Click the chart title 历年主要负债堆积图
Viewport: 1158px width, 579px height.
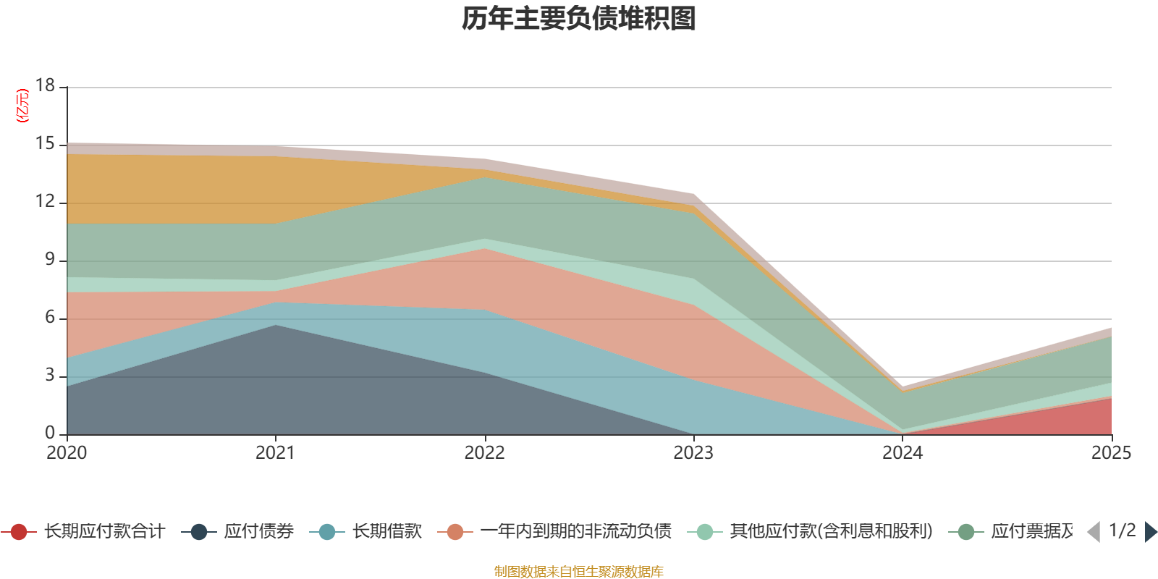point(579,19)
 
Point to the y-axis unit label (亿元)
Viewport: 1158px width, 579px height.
point(22,106)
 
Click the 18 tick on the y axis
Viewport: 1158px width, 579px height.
point(45,85)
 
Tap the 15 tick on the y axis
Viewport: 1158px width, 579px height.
point(45,144)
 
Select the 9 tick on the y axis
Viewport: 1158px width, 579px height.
point(49,259)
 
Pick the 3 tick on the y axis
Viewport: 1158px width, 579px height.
point(49,375)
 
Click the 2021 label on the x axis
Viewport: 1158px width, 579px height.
point(275,453)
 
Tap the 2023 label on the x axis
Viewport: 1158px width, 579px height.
point(693,453)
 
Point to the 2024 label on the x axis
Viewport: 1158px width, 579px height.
point(902,453)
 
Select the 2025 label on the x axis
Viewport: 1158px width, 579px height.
point(1110,453)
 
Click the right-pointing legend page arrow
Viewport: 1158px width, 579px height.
point(1151,532)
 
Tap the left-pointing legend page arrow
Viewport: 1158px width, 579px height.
point(1094,532)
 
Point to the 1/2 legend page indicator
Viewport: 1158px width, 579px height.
point(1122,531)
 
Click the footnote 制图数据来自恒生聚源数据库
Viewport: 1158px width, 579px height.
point(578,572)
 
